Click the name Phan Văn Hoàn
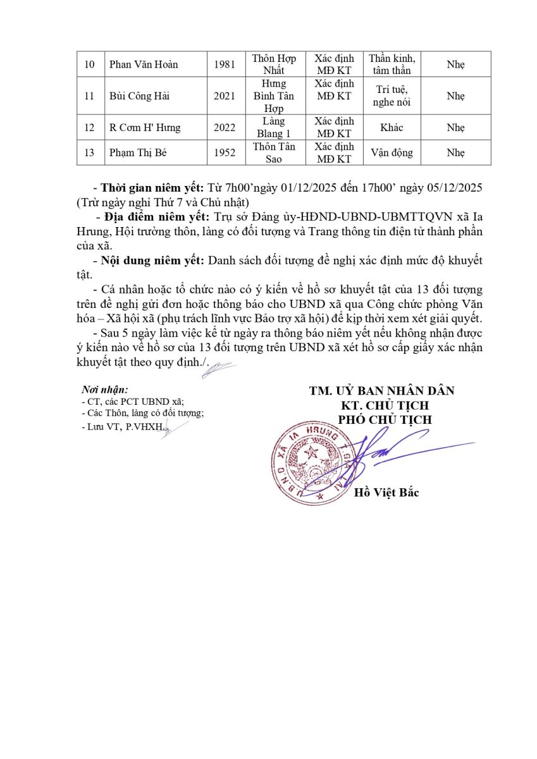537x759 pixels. coord(144,65)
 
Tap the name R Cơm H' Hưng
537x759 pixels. coord(145,128)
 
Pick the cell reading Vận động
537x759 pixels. coord(392,153)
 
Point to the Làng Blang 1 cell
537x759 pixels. coord(273,128)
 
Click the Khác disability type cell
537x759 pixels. coord(392,128)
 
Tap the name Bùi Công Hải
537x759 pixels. coord(139,96)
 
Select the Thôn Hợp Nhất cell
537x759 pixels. coord(273,65)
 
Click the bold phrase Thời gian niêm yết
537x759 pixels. coord(152,188)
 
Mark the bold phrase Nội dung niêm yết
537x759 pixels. coord(152,260)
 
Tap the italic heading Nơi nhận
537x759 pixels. coord(105,390)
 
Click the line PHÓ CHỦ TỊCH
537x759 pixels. coord(385,420)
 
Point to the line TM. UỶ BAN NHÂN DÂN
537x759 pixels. coord(381,391)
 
